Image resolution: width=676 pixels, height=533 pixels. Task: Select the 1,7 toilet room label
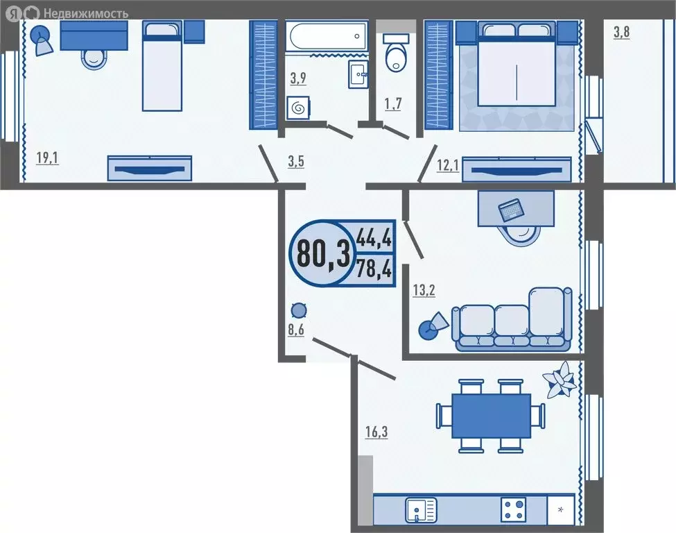tap(394, 105)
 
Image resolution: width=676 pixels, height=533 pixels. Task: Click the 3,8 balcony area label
tap(621, 32)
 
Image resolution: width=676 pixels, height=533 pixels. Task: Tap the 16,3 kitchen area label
tap(376, 432)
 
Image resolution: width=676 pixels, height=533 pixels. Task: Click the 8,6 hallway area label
tap(296, 330)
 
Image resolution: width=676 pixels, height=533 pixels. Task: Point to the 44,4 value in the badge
tap(374, 238)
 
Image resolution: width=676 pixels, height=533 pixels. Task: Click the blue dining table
tap(491, 415)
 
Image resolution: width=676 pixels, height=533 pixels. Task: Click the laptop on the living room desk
tap(512, 208)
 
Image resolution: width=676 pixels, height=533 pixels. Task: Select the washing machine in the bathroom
tap(298, 108)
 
